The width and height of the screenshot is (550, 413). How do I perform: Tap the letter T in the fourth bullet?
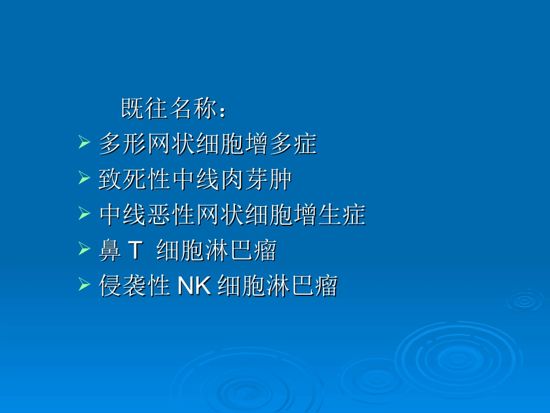(x=134, y=251)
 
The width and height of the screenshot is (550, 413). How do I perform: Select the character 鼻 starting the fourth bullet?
(x=109, y=251)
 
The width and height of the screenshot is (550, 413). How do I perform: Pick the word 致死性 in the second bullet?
(x=134, y=180)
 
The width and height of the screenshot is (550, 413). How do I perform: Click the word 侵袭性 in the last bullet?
(x=134, y=287)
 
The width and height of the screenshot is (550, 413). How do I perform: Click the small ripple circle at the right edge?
(x=525, y=301)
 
